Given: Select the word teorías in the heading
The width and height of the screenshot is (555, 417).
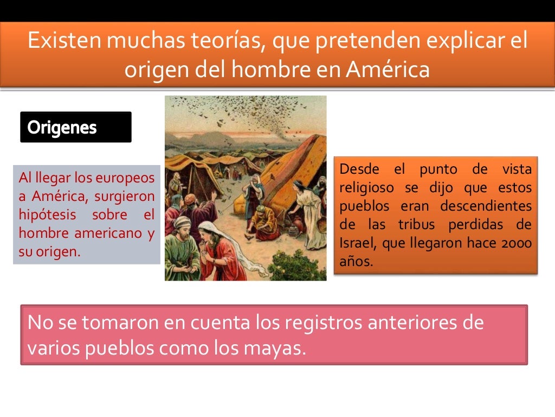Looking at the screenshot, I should click(x=222, y=42).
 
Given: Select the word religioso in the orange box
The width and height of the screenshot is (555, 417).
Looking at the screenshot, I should click(x=367, y=188).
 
